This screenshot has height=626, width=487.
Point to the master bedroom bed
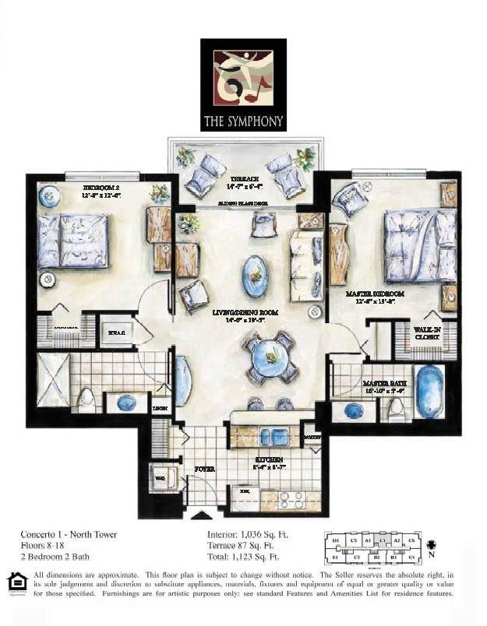click(x=420, y=246)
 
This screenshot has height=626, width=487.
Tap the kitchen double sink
click(x=273, y=437)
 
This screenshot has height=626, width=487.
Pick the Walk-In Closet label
click(x=428, y=333)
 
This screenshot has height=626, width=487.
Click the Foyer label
click(x=204, y=469)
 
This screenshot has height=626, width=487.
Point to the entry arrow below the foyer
click(x=201, y=515)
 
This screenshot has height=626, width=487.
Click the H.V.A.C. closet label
click(x=117, y=332)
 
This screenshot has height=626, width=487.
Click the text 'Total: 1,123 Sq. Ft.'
click(x=243, y=557)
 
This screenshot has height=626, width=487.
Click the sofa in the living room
click(x=305, y=266)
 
